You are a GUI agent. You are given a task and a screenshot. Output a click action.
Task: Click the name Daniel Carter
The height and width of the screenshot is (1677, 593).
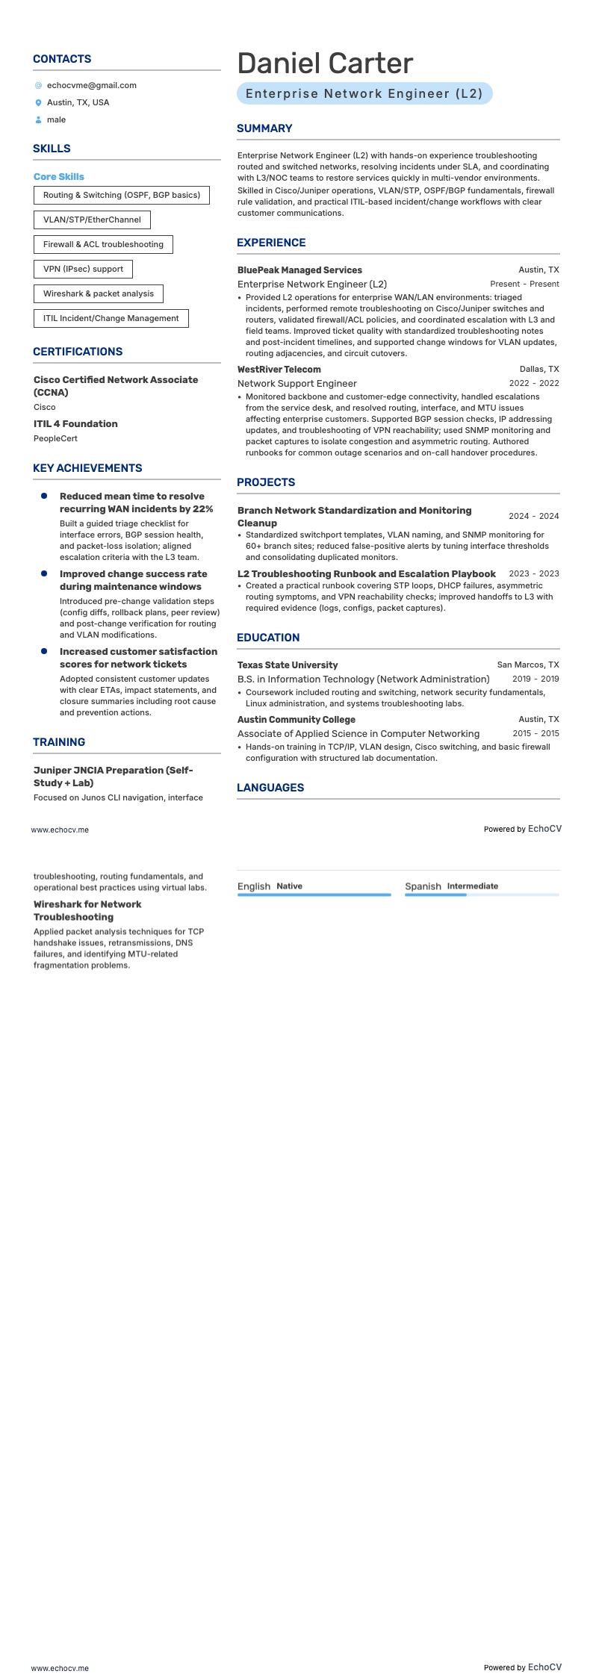(325, 63)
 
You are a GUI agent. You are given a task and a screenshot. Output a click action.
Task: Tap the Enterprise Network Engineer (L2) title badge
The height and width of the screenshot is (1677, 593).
(364, 93)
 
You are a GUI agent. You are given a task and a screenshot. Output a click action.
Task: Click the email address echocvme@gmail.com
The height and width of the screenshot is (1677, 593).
(91, 85)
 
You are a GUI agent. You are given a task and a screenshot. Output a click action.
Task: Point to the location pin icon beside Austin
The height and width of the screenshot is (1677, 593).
(39, 103)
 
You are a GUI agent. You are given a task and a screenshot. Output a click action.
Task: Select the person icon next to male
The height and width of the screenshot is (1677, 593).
(39, 120)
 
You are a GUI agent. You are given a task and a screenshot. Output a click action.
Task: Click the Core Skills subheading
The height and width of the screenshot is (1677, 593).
(59, 177)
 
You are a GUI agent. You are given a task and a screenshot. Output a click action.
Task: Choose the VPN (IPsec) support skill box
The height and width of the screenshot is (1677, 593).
(83, 269)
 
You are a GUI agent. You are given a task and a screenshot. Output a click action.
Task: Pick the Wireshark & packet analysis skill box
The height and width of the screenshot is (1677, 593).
(98, 293)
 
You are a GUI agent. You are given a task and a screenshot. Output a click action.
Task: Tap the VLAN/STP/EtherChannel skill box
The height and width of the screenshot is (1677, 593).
(92, 220)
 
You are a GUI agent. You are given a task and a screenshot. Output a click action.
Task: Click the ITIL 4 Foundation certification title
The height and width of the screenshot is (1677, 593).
(75, 424)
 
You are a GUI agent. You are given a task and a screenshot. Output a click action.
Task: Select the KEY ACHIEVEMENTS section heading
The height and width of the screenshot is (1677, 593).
(87, 468)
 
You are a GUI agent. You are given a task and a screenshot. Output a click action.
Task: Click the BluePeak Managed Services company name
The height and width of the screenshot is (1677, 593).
(299, 270)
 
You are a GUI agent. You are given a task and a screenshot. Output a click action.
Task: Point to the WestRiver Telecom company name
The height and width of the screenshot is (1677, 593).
(279, 370)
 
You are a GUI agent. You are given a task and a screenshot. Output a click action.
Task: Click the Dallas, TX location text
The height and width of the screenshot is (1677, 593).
(538, 370)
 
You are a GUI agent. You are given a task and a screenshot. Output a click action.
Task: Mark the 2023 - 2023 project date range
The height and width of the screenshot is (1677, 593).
(533, 574)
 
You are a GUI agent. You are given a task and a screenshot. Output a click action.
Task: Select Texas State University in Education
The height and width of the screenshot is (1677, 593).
(288, 665)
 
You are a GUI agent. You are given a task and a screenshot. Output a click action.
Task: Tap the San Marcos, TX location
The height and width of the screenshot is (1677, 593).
(527, 665)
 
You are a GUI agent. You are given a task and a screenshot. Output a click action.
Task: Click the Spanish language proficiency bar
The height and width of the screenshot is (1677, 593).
(481, 894)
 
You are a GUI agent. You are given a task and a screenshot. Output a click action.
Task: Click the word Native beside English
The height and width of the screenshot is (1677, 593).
(289, 886)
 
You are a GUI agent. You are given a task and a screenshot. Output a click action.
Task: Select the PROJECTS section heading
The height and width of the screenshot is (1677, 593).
(266, 482)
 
